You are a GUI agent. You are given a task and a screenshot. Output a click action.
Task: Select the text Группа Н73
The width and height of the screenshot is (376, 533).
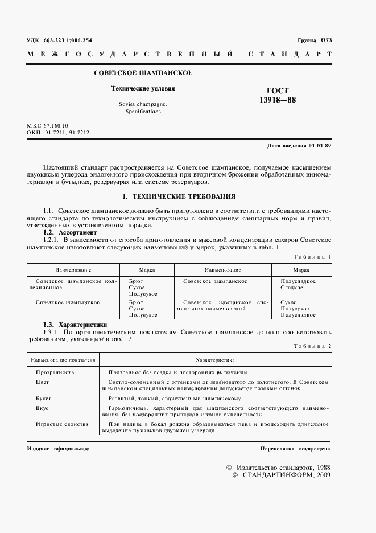click(315, 41)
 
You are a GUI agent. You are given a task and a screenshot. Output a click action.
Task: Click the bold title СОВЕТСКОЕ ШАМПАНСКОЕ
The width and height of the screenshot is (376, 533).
click(143, 73)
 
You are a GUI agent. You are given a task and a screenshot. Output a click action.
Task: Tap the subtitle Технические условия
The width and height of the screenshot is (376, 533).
click(143, 89)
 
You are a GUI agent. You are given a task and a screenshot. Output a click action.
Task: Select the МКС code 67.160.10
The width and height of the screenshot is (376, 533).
click(55, 125)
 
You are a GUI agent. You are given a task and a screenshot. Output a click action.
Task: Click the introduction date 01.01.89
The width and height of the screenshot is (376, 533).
click(320, 146)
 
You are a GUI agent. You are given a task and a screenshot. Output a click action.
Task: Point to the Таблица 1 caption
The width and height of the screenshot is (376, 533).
click(312, 257)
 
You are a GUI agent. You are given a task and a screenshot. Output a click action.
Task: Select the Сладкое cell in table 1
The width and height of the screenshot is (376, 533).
click(292, 288)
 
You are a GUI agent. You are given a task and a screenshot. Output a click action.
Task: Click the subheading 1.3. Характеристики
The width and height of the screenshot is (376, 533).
click(75, 325)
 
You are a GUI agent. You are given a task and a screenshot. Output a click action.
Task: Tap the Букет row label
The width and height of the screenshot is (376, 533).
click(43, 399)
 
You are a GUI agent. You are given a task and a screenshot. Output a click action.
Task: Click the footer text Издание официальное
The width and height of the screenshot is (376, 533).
click(57, 449)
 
